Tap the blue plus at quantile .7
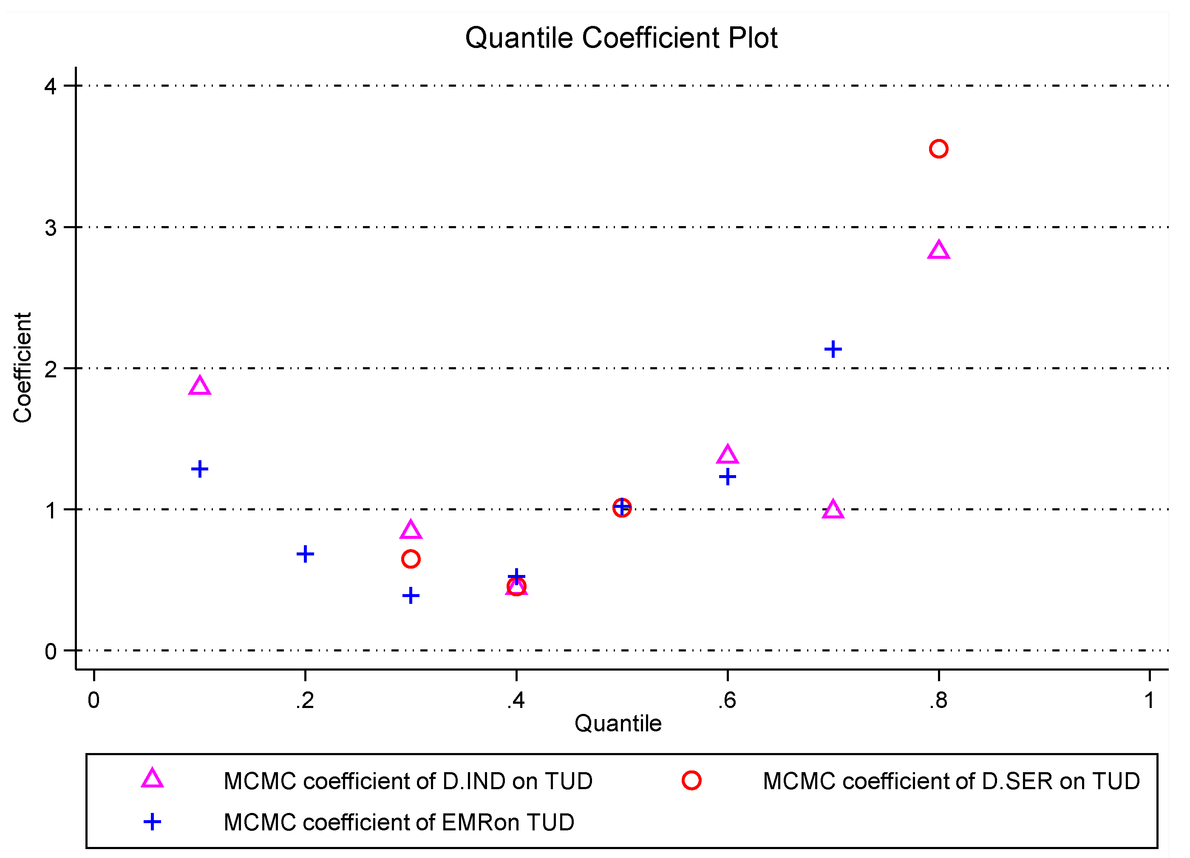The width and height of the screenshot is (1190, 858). pyautogui.click(x=833, y=349)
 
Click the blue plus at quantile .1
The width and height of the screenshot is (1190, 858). pyautogui.click(x=199, y=469)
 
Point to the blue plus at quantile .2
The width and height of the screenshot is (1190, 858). pyautogui.click(x=305, y=554)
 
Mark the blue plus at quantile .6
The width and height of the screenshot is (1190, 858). pyautogui.click(x=727, y=477)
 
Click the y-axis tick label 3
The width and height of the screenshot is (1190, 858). pyautogui.click(x=51, y=228)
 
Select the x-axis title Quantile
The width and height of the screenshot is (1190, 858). pyautogui.click(x=618, y=724)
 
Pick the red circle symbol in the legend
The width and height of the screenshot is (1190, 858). pyautogui.click(x=691, y=781)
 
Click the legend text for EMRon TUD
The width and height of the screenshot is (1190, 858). pyautogui.click(x=399, y=822)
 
